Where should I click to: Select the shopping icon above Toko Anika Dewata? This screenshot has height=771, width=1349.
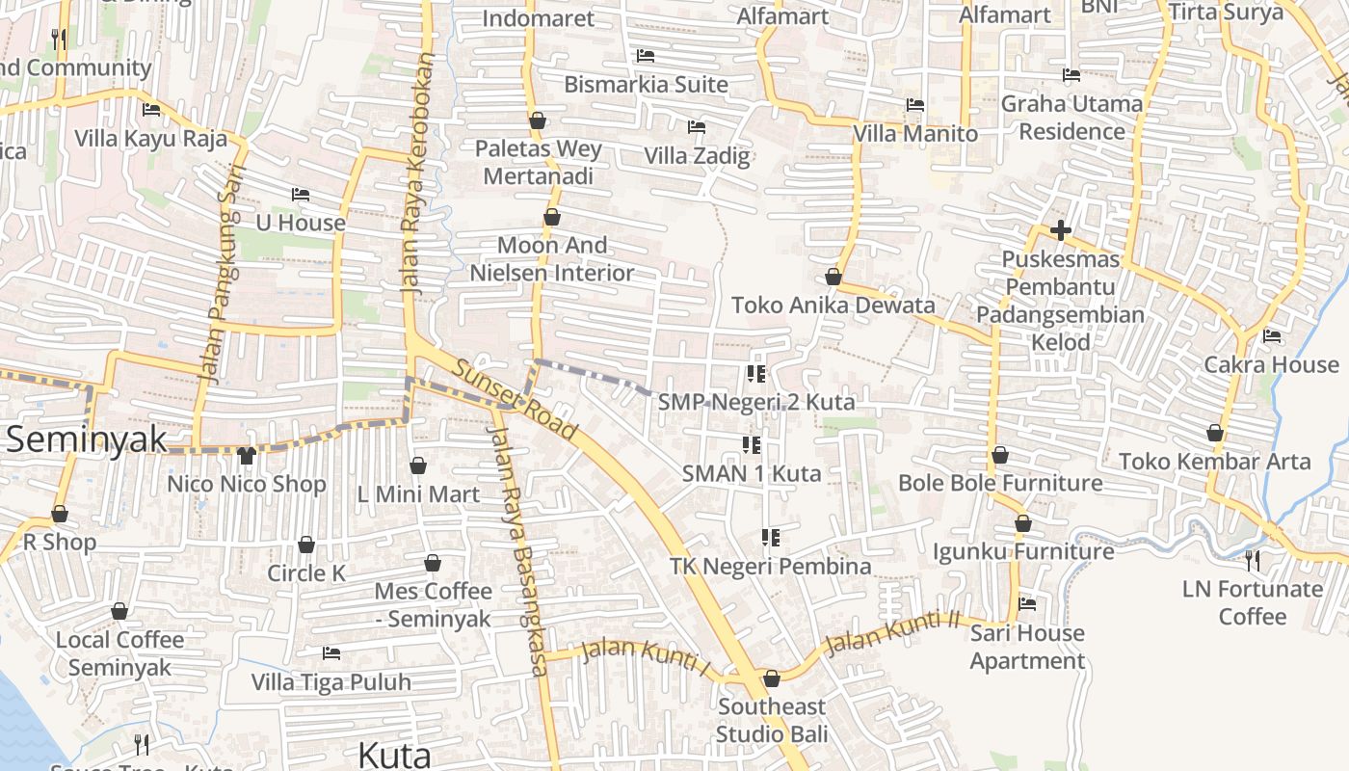pos(833,278)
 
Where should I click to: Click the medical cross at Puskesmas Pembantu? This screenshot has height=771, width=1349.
pos(1061,230)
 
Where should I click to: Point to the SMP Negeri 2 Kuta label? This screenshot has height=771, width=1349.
pos(756,402)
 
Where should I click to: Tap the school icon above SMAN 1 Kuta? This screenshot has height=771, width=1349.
pos(752,445)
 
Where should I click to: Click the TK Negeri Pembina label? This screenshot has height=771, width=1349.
pos(771,566)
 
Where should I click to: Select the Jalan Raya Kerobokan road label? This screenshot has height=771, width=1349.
pos(416,173)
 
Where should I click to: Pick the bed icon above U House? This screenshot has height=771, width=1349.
pos(301,195)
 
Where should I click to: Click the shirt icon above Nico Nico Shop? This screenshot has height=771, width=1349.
pos(247,455)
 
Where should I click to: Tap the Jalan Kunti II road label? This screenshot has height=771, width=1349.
pos(892,632)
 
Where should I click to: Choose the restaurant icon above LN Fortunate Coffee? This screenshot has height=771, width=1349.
pos(1253,560)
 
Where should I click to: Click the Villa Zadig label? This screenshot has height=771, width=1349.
pos(697,155)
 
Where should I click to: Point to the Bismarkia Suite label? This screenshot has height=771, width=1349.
pos(646,84)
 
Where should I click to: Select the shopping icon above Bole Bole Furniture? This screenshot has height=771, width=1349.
pos(1000,454)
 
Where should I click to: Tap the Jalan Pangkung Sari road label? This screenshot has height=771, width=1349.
pos(224,276)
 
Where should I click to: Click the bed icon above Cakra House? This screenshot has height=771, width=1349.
pos(1272,336)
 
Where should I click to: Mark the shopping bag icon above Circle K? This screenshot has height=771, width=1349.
pos(306,545)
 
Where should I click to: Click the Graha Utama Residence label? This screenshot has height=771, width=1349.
pos(1071,117)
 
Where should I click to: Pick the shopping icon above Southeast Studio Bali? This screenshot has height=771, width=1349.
pos(772,678)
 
